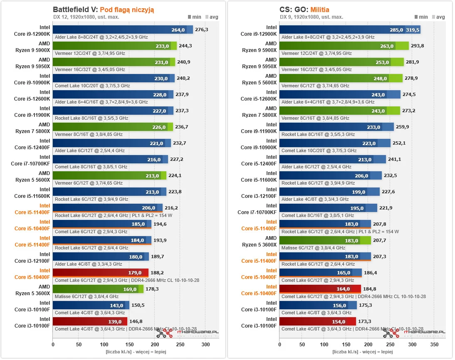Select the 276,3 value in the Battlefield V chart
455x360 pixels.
pos(202,30)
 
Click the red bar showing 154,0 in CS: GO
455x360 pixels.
pos(317,321)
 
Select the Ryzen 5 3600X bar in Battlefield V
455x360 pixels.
pos(98,289)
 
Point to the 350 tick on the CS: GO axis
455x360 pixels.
pos(434,345)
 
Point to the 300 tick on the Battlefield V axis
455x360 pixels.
pos(205,345)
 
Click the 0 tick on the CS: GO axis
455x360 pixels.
pos(279,345)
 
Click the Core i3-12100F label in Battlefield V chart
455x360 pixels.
pos(32,257)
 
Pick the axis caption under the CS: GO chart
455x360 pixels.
pos(363,352)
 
